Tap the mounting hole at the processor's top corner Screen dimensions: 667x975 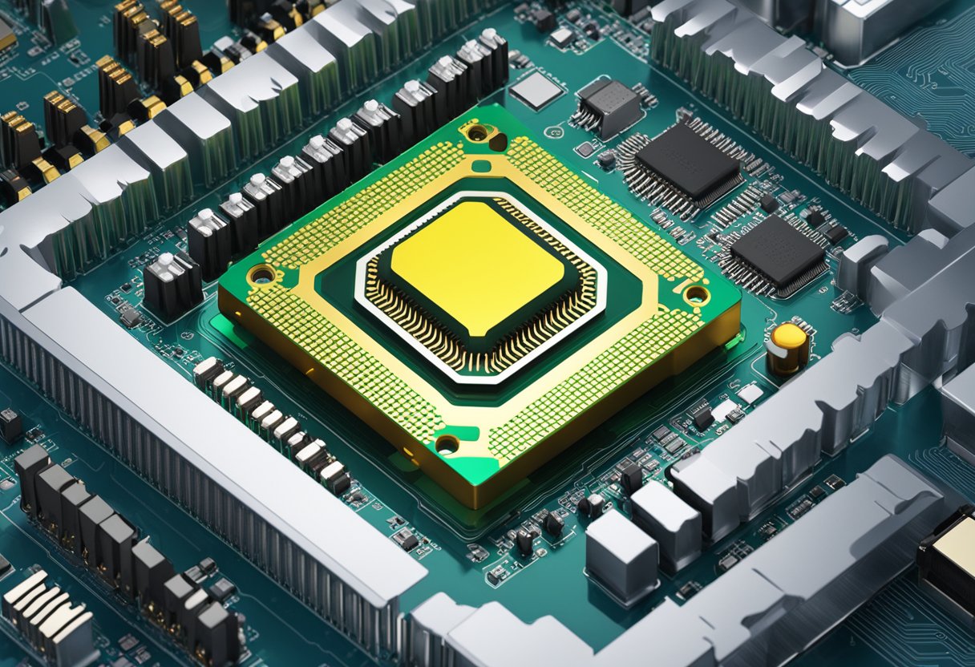click(477, 132)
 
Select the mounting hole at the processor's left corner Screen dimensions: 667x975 click(262, 275)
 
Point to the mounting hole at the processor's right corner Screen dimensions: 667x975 click(696, 294)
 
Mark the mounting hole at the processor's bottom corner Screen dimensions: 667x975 click(447, 444)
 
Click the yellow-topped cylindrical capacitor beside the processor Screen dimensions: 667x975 click(788, 348)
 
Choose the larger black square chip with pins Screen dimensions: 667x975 click(688, 160)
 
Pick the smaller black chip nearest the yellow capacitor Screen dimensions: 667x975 click(778, 252)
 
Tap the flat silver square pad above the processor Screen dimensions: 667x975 click(536, 90)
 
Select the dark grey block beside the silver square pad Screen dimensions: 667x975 click(609, 106)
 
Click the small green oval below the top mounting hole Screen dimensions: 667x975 click(481, 167)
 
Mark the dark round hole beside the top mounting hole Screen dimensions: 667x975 click(498, 142)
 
